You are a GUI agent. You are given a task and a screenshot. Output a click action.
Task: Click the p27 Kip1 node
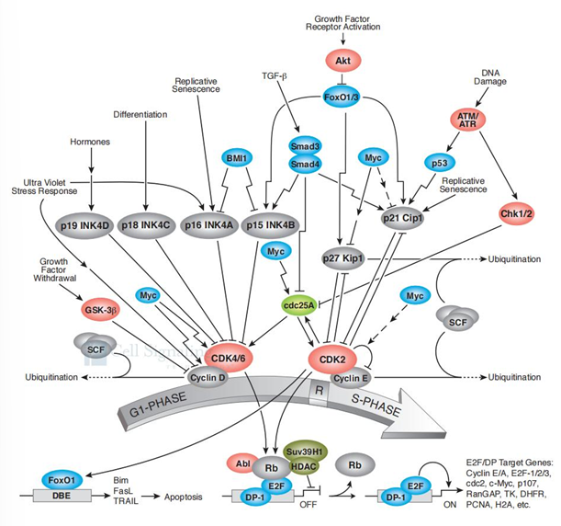click(342, 260)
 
